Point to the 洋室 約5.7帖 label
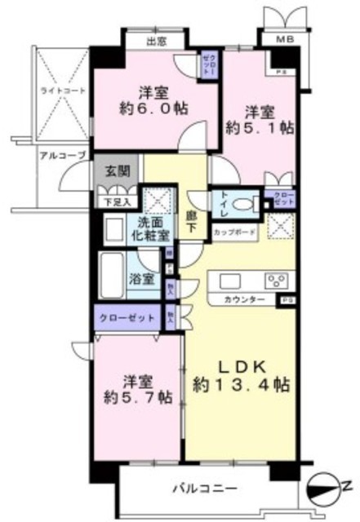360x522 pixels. (x=136, y=389)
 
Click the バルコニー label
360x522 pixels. (x=204, y=489)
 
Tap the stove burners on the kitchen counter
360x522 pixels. (x=277, y=282)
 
